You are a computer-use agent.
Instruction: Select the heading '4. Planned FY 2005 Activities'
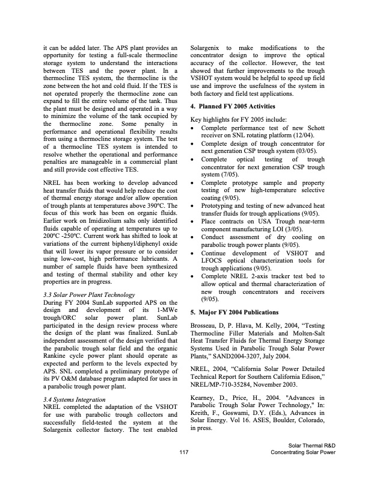click(236, 106)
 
